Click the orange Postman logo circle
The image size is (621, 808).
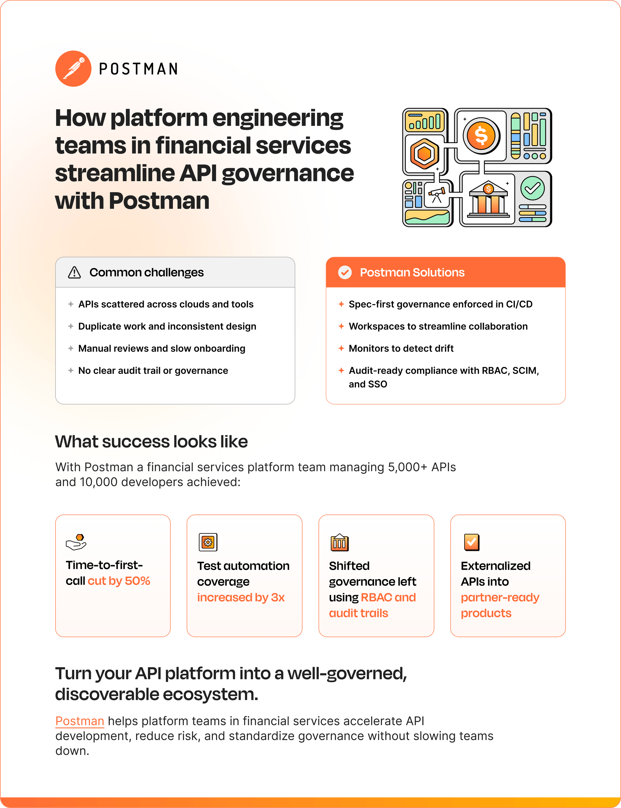(73, 69)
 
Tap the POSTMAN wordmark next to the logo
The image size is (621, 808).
(138, 69)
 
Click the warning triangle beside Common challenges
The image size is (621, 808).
(74, 272)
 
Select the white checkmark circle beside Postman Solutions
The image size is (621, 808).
(345, 272)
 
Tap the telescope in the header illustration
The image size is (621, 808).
(437, 194)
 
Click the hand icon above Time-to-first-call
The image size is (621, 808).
(76, 542)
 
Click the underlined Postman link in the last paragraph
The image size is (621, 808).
(80, 721)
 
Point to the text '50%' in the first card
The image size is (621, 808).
(138, 581)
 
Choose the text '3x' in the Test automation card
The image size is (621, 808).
(278, 597)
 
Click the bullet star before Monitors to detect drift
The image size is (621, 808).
(341, 348)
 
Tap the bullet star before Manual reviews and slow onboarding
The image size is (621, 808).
(71, 348)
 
